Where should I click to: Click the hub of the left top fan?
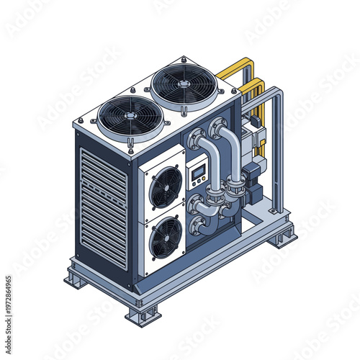130,115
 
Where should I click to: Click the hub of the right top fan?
184,84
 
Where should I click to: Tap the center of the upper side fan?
165,186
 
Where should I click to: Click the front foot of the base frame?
143,315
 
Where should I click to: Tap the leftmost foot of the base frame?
76,278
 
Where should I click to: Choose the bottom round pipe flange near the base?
196,226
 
